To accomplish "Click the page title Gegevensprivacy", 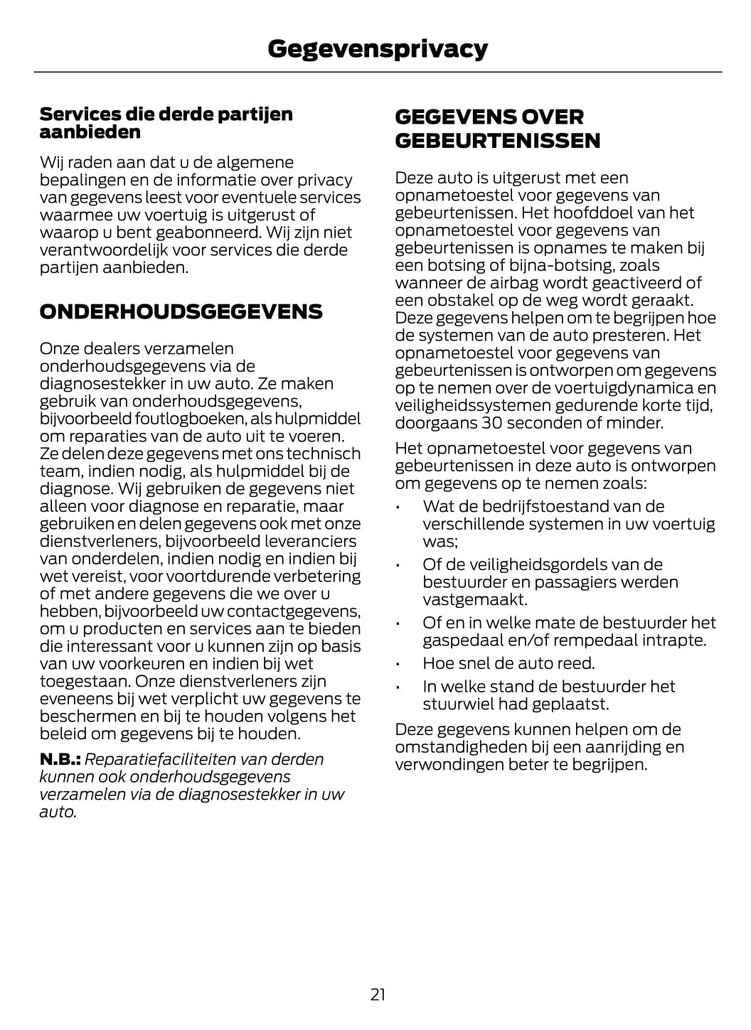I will pos(378,48).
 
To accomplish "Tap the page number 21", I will pos(378,994).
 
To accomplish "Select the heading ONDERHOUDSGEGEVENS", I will pos(181,311).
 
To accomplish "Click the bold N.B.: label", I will pos(60,759).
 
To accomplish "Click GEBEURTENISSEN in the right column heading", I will pos(497,140).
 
